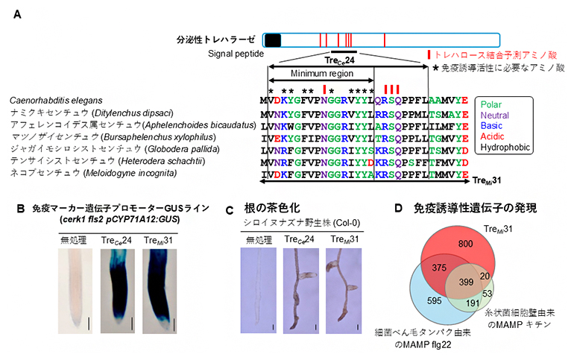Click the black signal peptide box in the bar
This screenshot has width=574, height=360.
point(273,40)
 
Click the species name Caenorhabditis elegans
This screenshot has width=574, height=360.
point(58,100)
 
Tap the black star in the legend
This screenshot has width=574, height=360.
point(436,68)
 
